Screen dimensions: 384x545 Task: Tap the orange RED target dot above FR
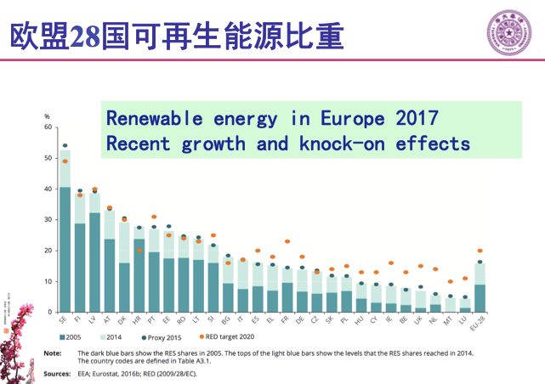point(287,242)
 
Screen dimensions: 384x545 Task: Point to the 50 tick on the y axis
point(48,158)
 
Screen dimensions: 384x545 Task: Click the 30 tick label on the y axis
point(48,219)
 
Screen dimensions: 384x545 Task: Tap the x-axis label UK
point(419,321)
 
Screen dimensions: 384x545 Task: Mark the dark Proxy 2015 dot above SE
point(65,145)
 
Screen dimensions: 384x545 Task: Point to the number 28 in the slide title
point(85,36)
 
